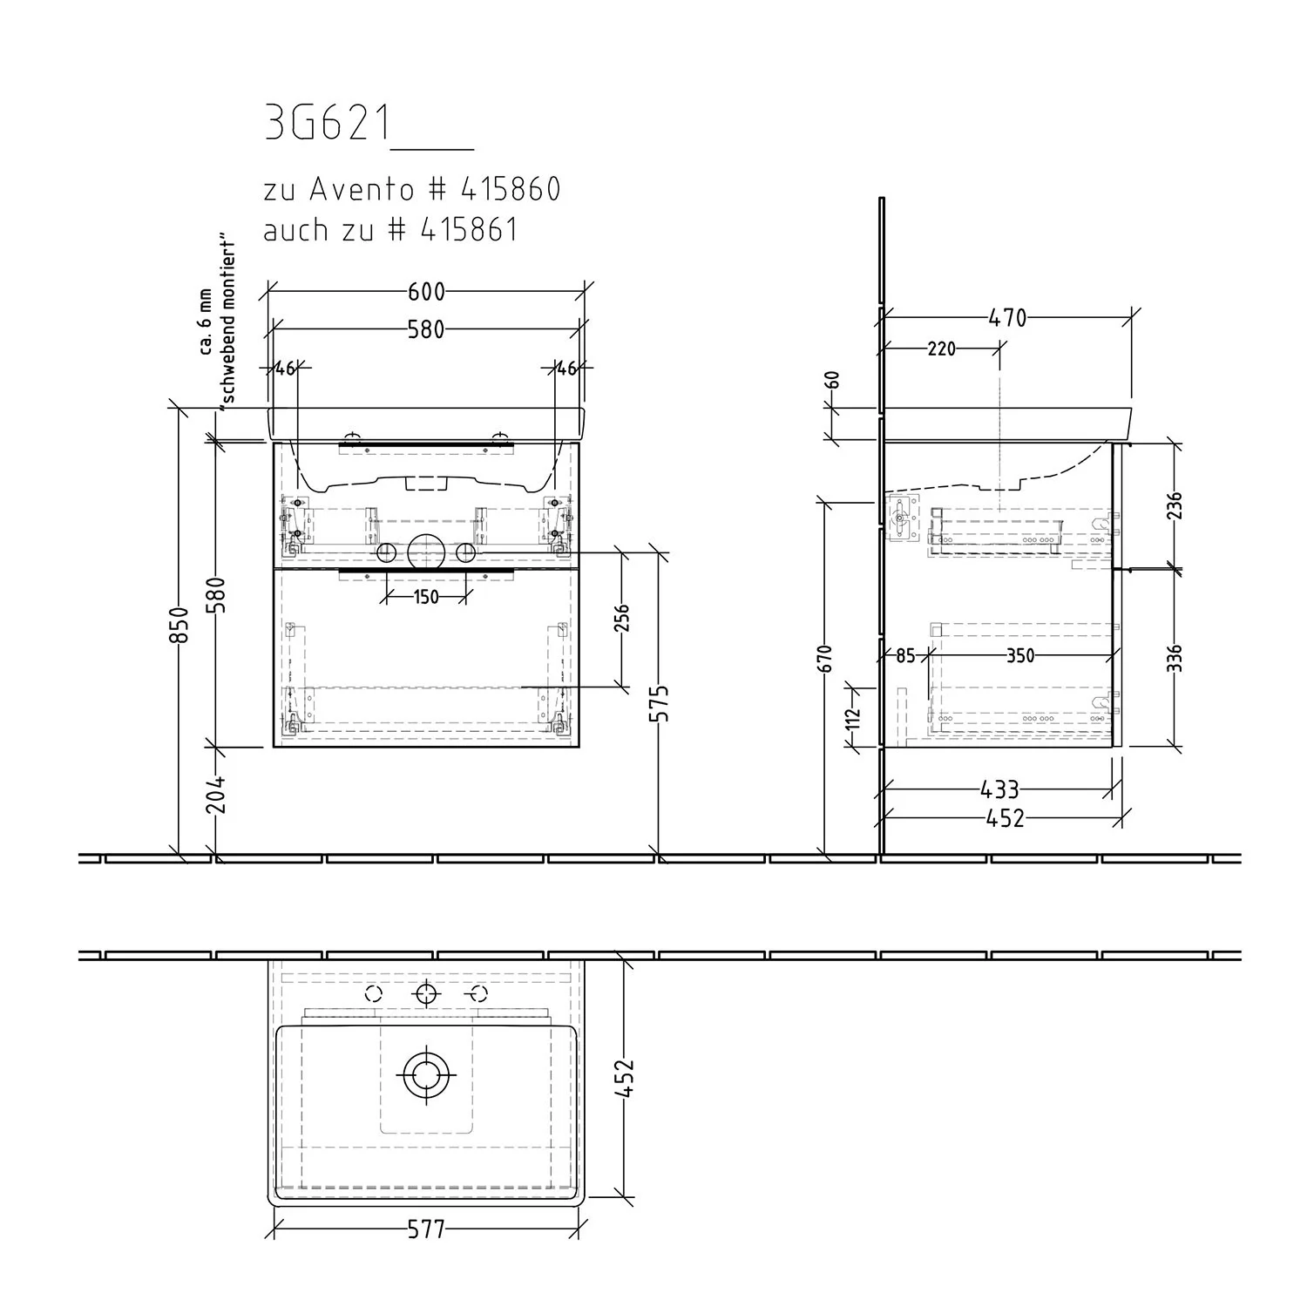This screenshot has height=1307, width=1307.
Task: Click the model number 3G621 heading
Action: click(328, 125)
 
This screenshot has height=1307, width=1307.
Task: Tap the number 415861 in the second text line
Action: click(469, 229)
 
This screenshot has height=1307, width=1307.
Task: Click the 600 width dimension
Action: click(427, 291)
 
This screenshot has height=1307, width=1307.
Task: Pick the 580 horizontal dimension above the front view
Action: click(427, 329)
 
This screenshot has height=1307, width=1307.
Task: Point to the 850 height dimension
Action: click(178, 624)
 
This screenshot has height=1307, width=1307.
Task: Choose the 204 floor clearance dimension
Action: click(217, 794)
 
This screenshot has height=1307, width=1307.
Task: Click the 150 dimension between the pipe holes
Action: click(426, 597)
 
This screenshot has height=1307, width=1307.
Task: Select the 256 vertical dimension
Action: click(621, 620)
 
